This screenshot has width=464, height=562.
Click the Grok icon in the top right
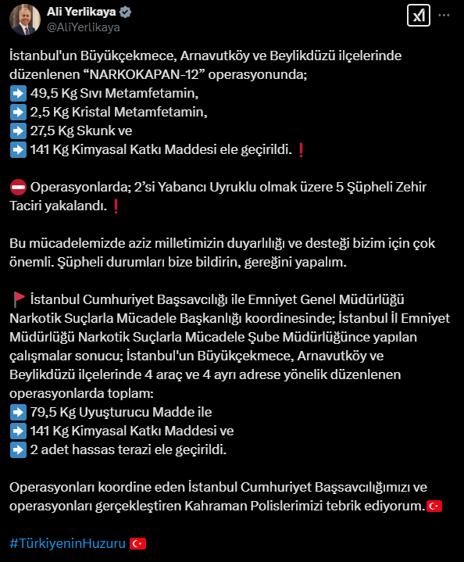(x=417, y=16)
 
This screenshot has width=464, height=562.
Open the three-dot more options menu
(x=444, y=15)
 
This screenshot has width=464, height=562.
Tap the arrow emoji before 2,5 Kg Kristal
(x=17, y=113)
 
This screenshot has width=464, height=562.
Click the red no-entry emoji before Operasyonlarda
(x=17, y=188)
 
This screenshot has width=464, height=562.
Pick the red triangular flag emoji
(x=18, y=299)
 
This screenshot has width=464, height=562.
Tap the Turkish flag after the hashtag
(x=137, y=542)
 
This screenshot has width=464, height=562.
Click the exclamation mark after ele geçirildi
(x=302, y=150)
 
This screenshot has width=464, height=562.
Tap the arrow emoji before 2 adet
(x=17, y=449)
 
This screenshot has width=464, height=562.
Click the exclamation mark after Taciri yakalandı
(x=116, y=206)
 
